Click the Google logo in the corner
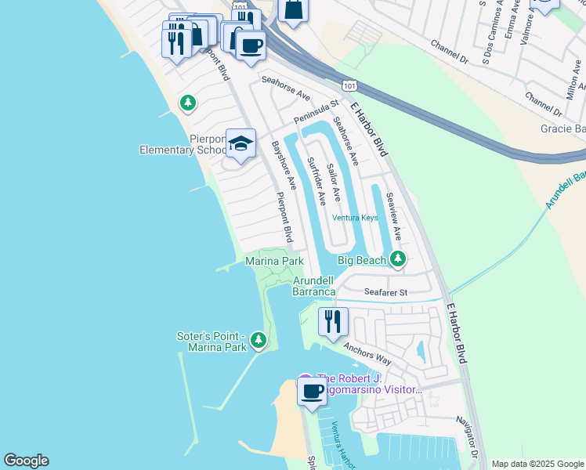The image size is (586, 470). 26,461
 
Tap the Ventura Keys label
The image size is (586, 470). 355,218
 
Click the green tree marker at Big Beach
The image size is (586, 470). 398,258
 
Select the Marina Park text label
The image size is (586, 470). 274,261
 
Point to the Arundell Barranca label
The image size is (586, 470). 314,286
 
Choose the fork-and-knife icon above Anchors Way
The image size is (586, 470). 332,321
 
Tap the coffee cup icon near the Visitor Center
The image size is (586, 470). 312,391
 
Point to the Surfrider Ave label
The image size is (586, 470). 315,181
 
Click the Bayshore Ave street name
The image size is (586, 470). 281,164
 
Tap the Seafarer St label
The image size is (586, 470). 386,292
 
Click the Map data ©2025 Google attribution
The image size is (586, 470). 537,464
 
